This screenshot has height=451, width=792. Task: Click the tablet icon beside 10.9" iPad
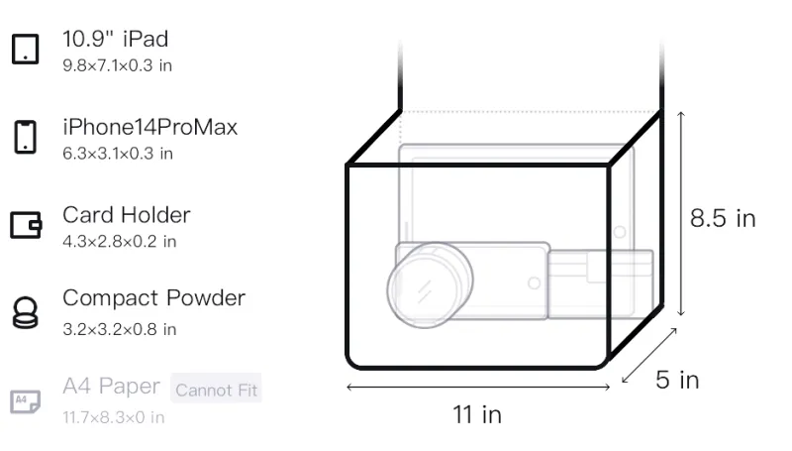click(26, 49)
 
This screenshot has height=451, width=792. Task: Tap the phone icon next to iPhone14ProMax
click(26, 137)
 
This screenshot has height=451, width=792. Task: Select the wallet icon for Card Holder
click(26, 224)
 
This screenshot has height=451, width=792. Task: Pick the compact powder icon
click(26, 313)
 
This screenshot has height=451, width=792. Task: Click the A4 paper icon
click(26, 401)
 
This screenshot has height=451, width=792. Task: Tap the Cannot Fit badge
click(216, 389)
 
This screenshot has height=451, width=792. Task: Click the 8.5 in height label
click(723, 218)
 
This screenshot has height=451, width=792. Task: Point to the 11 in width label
click(477, 414)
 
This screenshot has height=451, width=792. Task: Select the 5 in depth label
click(677, 380)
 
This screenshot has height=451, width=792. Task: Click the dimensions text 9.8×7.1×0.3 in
click(117, 65)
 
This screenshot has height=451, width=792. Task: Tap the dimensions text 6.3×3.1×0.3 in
click(118, 154)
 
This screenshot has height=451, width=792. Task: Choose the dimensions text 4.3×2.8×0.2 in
click(119, 242)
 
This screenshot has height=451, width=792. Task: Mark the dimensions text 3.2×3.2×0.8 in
click(119, 330)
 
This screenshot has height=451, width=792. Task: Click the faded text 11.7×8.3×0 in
click(114, 417)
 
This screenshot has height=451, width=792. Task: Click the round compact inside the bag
click(430, 284)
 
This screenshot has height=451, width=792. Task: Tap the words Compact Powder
click(154, 297)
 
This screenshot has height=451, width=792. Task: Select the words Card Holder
click(127, 215)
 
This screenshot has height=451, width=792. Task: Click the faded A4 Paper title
click(111, 387)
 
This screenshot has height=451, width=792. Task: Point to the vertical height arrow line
click(681, 213)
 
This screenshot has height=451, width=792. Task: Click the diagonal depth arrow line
click(649, 356)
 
